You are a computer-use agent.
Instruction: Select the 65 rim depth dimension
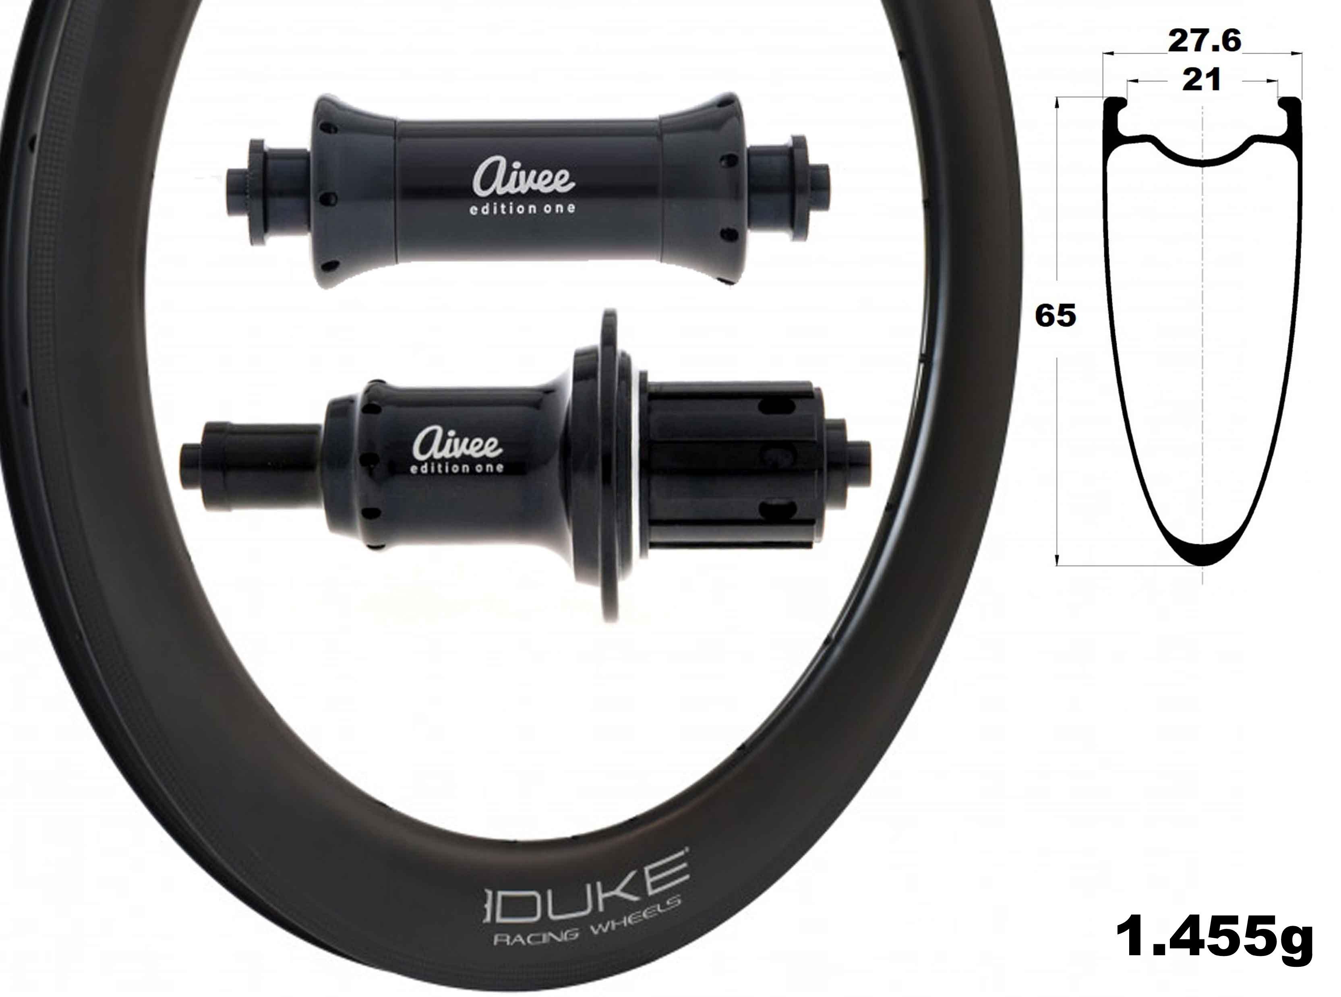click(x=1055, y=316)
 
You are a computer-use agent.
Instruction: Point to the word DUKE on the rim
click(x=585, y=883)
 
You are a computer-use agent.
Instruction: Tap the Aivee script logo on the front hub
click(x=523, y=175)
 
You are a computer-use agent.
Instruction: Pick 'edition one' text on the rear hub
click(x=456, y=468)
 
